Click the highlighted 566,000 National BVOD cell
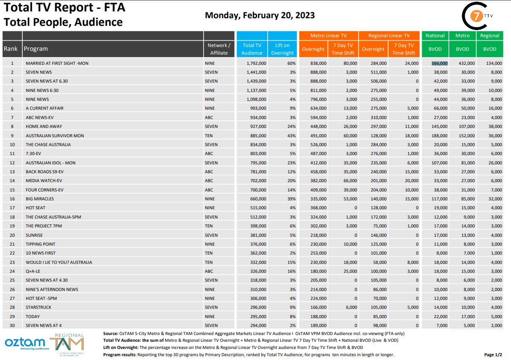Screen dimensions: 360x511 tap(439, 63)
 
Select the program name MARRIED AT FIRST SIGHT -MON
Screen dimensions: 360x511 tap(57, 63)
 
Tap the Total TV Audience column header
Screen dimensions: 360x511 tap(252, 49)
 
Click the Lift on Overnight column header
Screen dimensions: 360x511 tap(282, 49)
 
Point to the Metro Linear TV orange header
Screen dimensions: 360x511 tap(329, 36)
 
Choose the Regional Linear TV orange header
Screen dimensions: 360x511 tap(389, 36)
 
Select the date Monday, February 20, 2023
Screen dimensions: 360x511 tap(260, 15)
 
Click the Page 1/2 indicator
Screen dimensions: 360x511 tap(493, 354)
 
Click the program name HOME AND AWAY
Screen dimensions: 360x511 tap(44, 126)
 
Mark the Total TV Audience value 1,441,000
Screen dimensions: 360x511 tap(256, 72)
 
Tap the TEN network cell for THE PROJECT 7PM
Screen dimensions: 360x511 tap(209, 226)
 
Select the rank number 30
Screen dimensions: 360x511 tap(12, 325)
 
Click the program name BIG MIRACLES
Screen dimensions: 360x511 tap(40, 199)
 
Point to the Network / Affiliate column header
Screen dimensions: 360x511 tap(219, 49)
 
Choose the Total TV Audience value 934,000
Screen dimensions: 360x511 tap(257, 117)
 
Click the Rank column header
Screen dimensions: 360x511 tap(11, 49)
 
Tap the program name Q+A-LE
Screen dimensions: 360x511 tap(33, 271)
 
